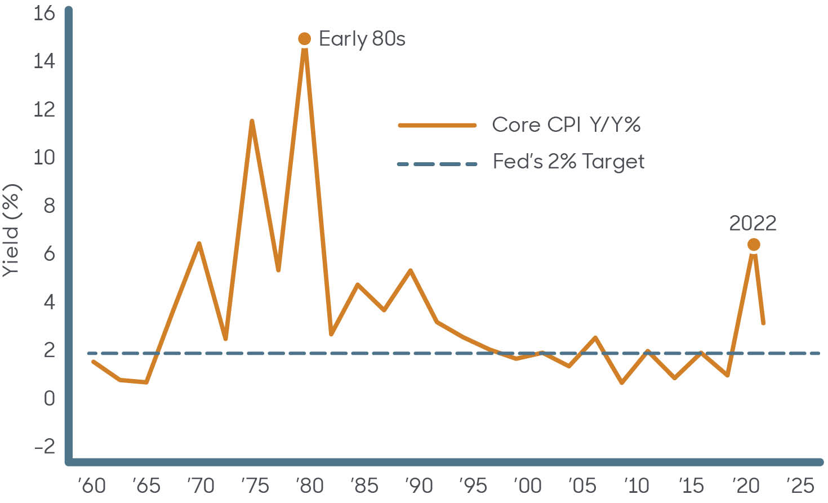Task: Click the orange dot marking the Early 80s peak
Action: pos(304,39)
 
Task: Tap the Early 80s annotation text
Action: pos(362,39)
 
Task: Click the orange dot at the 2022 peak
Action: pos(753,244)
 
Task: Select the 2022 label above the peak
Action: pos(753,224)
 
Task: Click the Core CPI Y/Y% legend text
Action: pos(566,124)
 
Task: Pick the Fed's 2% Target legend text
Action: pos(568,162)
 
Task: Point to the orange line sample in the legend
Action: pos(437,125)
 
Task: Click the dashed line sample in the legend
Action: pos(437,164)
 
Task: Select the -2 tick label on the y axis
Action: pos(44,447)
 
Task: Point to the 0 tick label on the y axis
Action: pos(50,399)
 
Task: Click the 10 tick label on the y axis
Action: pos(44,158)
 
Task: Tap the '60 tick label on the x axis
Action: pos(92,485)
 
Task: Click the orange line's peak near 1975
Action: pos(251,121)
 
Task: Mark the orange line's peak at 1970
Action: pos(199,243)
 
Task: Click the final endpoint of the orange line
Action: pos(763,323)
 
